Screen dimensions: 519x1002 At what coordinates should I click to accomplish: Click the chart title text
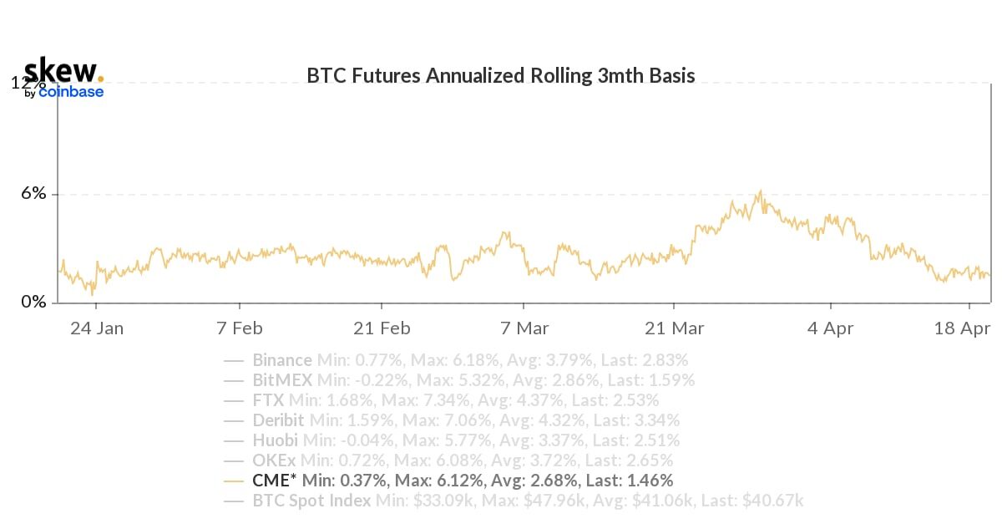pyautogui.click(x=501, y=76)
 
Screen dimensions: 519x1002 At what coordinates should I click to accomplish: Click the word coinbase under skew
pyautogui.click(x=71, y=92)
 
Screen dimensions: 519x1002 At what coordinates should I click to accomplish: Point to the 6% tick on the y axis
pyautogui.click(x=33, y=194)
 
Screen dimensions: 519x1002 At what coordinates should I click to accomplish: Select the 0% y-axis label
pyautogui.click(x=33, y=302)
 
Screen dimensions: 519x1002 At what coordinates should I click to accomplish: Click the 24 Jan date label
pyautogui.click(x=97, y=328)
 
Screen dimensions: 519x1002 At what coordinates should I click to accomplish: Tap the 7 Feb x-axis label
pyautogui.click(x=240, y=328)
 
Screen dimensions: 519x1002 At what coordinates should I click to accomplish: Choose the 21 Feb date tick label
pyautogui.click(x=382, y=328)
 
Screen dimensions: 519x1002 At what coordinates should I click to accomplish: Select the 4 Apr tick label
pyautogui.click(x=830, y=328)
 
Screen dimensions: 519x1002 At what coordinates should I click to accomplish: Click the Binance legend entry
pyautogui.click(x=282, y=360)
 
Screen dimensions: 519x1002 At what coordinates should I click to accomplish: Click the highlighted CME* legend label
pyautogui.click(x=273, y=481)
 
